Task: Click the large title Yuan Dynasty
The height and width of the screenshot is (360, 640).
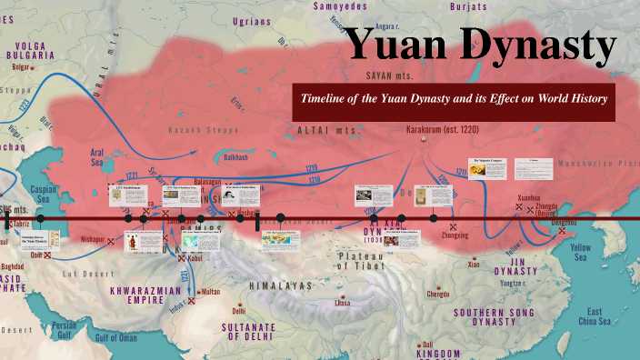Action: pyautogui.click(x=481, y=46)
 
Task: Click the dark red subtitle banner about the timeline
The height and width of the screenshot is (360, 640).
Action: pyautogui.click(x=454, y=98)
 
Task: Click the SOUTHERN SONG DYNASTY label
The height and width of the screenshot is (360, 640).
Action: pyautogui.click(x=498, y=319)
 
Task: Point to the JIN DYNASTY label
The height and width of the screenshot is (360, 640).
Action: pyautogui.click(x=515, y=265)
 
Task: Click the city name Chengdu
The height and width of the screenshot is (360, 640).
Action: pyautogui.click(x=437, y=294)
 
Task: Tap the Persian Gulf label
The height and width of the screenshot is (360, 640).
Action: pyautogui.click(x=63, y=329)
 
